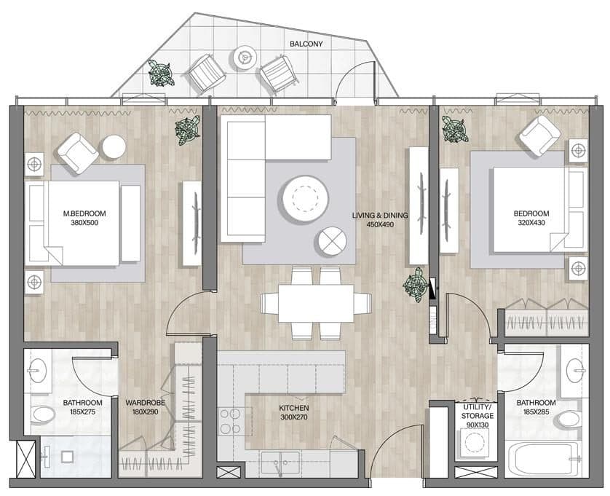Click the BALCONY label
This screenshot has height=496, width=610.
[306, 44]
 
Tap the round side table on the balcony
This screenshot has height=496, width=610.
[245, 58]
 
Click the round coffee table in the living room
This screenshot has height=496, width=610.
[306, 199]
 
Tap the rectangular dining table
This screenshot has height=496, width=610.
[316, 303]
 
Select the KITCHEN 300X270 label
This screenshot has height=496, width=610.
[294, 413]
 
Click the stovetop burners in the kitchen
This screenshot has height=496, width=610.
[230, 421]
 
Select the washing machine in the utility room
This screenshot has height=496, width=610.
[475, 443]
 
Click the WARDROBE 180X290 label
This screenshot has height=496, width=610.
[145, 407]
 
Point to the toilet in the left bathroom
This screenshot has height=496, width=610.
[44, 414]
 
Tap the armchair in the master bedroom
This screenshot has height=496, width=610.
[78, 153]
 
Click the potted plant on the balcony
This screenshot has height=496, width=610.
[161, 73]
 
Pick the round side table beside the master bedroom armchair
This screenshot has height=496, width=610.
[114, 147]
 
